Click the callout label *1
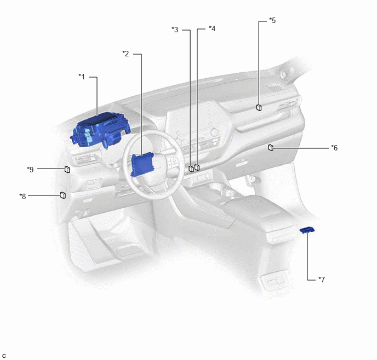pos(82,77)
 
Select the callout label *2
pos(125,54)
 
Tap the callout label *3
pos(175,30)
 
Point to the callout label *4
pos(212,28)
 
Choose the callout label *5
pos(272,20)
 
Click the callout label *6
pos(334,148)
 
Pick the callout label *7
pos(322,280)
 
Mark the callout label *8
pos(22,196)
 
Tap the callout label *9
pos(30,170)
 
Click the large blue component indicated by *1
pos(100,130)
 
